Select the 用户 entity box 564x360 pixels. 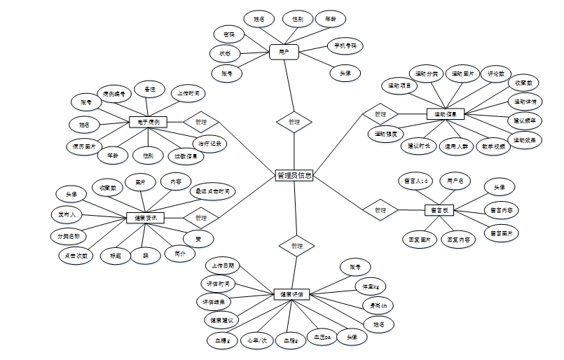tap(284, 52)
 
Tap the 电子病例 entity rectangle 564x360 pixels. tap(148, 122)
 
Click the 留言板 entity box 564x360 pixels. tap(440, 209)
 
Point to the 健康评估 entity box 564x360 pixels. tap(290, 294)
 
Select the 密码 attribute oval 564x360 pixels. tap(229, 34)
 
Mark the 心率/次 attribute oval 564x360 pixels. tap(256, 340)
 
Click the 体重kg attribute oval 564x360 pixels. tap(371, 286)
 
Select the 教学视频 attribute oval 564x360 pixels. tap(493, 147)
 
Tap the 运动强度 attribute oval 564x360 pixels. tap(385, 133)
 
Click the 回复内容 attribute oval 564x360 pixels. tap(459, 240)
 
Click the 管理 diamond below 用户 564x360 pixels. tap(294, 121)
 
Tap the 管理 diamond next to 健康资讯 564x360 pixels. tap(201, 218)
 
